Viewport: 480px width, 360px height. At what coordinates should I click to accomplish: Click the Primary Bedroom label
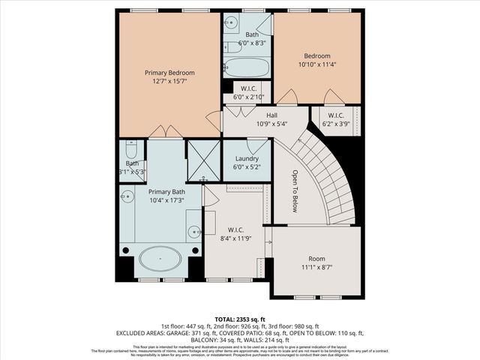point(169,73)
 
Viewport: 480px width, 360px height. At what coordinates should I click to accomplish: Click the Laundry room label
point(247,159)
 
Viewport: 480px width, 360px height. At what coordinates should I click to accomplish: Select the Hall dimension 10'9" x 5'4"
point(271,124)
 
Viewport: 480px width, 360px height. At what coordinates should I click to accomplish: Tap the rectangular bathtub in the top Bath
point(247,67)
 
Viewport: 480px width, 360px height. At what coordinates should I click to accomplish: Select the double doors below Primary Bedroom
point(166,133)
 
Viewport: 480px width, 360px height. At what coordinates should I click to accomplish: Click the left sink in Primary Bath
point(127,197)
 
